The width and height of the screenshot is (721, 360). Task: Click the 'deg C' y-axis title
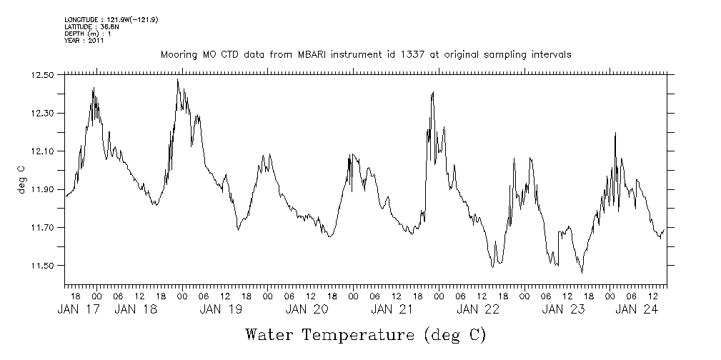(21, 179)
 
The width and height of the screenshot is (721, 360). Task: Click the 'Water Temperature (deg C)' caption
(365, 334)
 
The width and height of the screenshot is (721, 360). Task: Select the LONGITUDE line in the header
(111, 19)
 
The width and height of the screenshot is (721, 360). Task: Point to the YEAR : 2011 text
(85, 41)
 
